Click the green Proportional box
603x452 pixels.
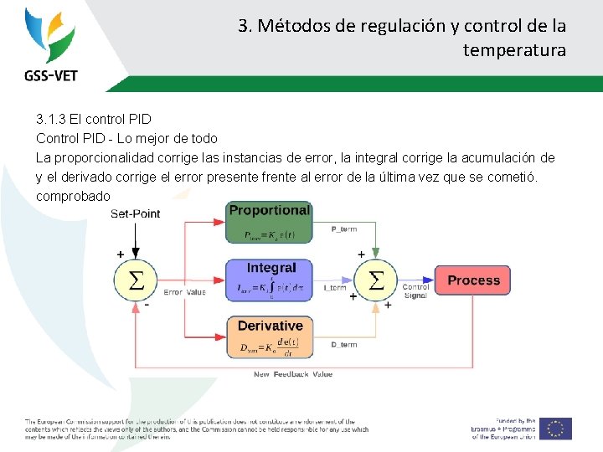click(269, 223)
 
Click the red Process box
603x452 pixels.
click(473, 280)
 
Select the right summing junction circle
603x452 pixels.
click(377, 280)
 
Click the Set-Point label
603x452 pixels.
click(135, 213)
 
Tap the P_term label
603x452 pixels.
click(344, 229)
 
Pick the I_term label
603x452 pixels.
click(334, 288)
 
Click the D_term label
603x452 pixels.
click(343, 345)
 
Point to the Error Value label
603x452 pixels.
click(184, 292)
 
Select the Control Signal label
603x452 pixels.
click(416, 291)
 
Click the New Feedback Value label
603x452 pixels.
click(293, 374)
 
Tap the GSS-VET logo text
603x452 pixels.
click(50, 75)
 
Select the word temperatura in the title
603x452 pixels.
click(514, 50)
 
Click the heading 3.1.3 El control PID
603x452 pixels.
click(94, 120)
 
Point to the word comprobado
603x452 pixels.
click(73, 196)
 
